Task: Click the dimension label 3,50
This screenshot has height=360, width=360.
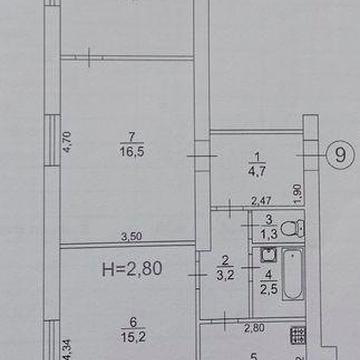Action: (x=129, y=237)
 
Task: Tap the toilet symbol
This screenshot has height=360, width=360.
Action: (x=289, y=227)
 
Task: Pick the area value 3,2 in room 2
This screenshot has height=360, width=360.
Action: (x=224, y=269)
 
